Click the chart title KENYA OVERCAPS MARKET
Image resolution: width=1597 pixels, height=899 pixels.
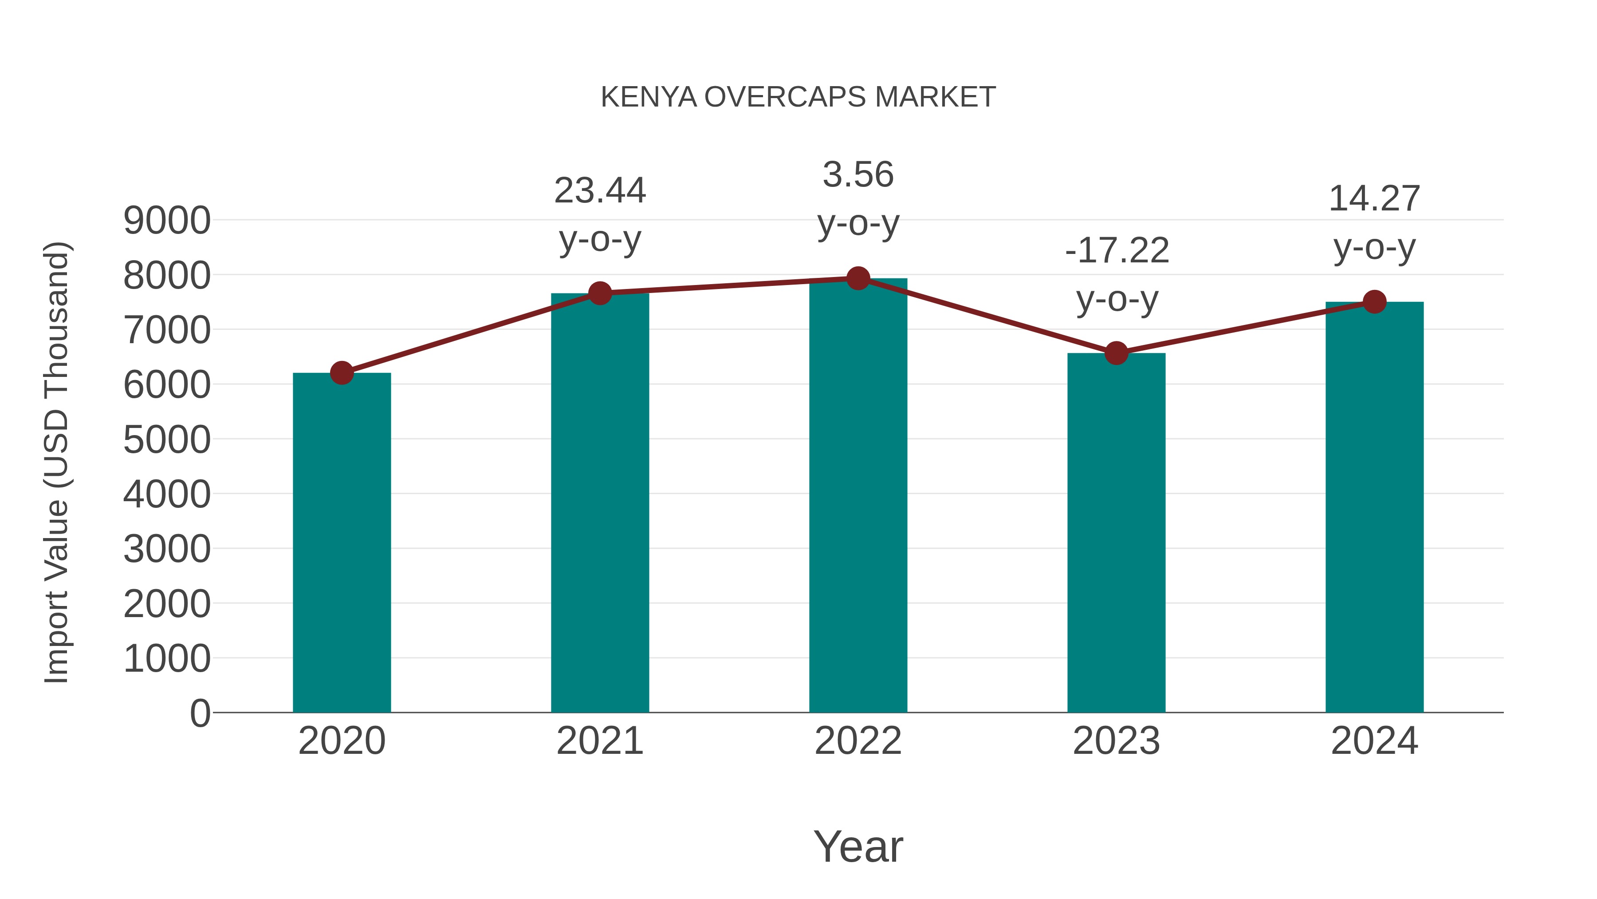coord(798,97)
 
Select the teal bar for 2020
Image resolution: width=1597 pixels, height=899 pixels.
coord(342,543)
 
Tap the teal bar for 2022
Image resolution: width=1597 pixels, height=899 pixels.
coord(858,496)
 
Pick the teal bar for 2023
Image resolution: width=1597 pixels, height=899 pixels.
coord(1116,534)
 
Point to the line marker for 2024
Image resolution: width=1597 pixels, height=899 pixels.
coord(1374,302)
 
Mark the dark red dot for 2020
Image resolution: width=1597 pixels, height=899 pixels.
coord(342,373)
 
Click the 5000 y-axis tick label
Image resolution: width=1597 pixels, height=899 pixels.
coord(167,440)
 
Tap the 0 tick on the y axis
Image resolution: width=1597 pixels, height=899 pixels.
coord(200,713)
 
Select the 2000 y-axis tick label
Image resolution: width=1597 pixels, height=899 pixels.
coord(167,604)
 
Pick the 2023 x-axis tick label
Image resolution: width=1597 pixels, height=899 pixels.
coord(1116,741)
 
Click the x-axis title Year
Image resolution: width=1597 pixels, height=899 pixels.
coord(858,846)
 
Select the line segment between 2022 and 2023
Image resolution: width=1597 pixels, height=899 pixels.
coord(987,316)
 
